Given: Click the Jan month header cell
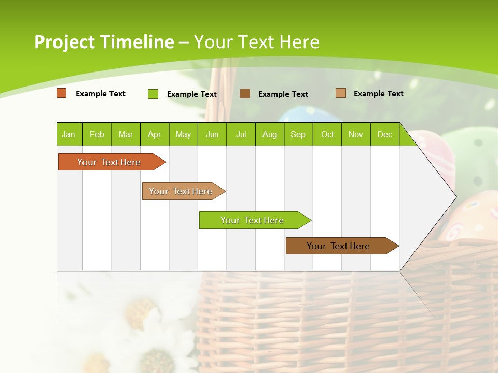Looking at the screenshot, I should click(x=69, y=134).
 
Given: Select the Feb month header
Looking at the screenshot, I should click(x=97, y=134).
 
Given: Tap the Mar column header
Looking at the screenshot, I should click(x=126, y=134).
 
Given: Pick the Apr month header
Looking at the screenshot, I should click(x=154, y=134).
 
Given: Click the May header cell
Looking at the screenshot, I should click(x=183, y=134).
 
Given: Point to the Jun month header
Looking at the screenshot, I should click(x=212, y=134).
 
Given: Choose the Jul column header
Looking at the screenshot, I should click(x=241, y=134).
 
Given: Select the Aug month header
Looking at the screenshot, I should click(x=270, y=134).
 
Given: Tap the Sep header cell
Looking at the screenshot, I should click(x=298, y=134).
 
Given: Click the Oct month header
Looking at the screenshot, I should click(x=327, y=134).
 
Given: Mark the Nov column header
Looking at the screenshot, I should click(x=356, y=134).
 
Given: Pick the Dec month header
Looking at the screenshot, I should click(x=384, y=134).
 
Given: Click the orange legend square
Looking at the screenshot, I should click(x=62, y=93).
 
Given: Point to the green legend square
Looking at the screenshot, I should click(x=153, y=94).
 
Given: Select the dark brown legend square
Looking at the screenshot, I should click(x=245, y=93).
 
